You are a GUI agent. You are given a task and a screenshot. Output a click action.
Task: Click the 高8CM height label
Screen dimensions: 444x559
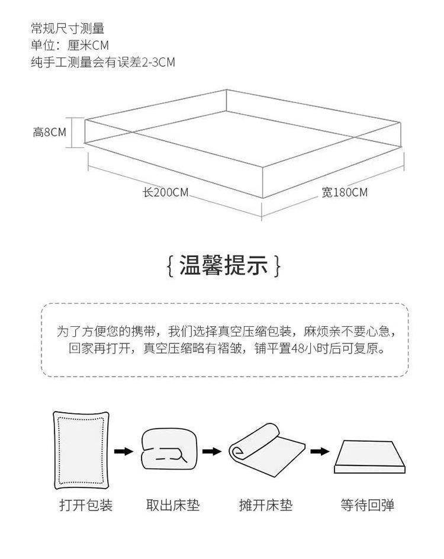(50, 131)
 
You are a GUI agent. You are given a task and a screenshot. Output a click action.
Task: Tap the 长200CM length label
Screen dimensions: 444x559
(165, 192)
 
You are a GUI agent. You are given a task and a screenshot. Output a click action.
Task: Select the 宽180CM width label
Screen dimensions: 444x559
(345, 192)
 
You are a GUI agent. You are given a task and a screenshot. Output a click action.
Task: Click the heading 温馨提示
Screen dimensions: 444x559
(223, 265)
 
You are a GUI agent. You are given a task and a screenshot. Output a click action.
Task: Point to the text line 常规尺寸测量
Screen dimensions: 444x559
(67, 28)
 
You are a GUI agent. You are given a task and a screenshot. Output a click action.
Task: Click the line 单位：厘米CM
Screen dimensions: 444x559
(70, 45)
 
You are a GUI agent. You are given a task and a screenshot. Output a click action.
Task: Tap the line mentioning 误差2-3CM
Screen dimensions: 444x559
(103, 62)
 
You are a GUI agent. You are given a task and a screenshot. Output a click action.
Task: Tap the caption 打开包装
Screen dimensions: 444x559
(86, 505)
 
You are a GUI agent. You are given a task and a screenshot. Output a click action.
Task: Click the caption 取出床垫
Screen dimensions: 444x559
(173, 505)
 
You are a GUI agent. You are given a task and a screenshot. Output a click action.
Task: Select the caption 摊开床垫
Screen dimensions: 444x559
(265, 505)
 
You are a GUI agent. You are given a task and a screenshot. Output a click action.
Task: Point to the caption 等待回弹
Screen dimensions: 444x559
(367, 505)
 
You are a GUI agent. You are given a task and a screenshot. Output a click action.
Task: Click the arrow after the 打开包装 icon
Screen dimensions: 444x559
(123, 452)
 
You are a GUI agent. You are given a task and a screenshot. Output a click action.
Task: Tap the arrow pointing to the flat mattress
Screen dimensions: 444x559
(320, 452)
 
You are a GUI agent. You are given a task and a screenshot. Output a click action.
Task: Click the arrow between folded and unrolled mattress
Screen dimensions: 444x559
(211, 452)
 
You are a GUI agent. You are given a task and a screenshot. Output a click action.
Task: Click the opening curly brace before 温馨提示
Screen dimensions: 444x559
(170, 266)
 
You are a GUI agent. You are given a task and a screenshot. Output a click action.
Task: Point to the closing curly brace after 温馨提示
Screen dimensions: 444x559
(277, 266)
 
